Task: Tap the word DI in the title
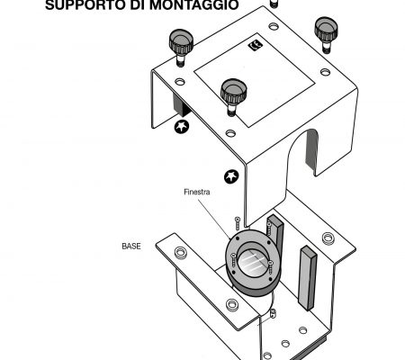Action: point(137,4)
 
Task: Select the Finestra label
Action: point(197,192)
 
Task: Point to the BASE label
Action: point(131,246)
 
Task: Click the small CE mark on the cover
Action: point(256,46)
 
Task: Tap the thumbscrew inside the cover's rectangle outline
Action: point(233,96)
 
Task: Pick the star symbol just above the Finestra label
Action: point(231,176)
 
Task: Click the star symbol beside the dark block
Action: point(182,126)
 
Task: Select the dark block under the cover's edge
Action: point(181,105)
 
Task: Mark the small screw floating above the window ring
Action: point(238,223)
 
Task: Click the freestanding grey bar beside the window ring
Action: point(307,278)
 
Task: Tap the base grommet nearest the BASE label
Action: point(180,253)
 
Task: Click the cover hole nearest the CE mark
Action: point(274,26)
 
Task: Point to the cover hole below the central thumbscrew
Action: point(230,133)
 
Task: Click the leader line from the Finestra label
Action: point(214,219)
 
